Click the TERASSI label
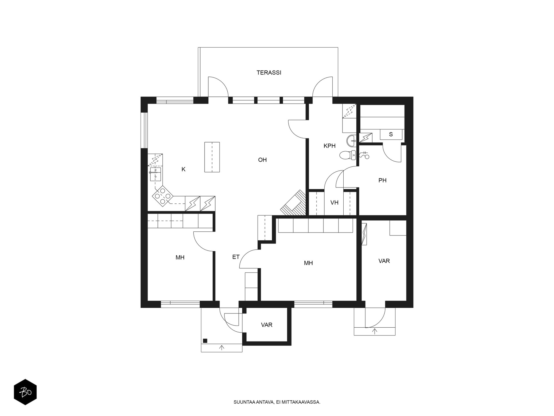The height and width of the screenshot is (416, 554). [x=269, y=73]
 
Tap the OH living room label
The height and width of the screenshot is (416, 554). [x=262, y=160]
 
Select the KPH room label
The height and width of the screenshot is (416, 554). [x=330, y=146]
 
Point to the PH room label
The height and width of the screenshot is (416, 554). [x=382, y=181]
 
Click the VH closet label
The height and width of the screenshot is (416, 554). [x=334, y=203]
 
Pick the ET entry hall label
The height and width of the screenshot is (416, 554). [x=236, y=257]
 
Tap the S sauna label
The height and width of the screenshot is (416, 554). [x=391, y=134]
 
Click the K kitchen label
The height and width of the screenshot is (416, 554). [x=184, y=169]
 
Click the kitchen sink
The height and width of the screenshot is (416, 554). [x=155, y=174]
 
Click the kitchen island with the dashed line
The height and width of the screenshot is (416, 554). [x=212, y=157]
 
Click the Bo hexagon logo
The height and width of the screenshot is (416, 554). [x=25, y=392]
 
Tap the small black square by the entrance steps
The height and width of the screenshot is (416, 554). [x=205, y=341]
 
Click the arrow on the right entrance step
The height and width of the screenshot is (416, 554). [x=375, y=331]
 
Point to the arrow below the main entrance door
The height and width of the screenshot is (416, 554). [x=222, y=348]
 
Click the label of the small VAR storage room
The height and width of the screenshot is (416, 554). [x=267, y=325]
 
